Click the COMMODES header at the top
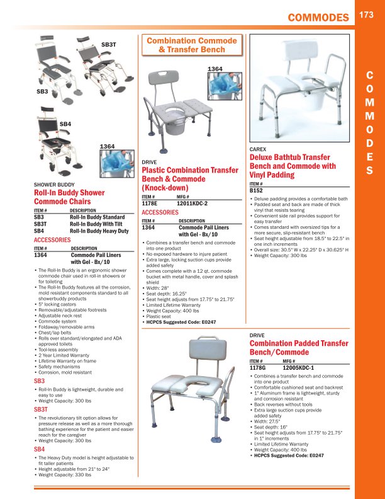[317, 18]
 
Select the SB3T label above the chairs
[109, 45]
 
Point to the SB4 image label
[65, 125]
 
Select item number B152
[256, 190]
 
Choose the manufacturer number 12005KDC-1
[299, 367]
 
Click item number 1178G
[258, 367]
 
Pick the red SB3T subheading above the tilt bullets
[40, 410]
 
